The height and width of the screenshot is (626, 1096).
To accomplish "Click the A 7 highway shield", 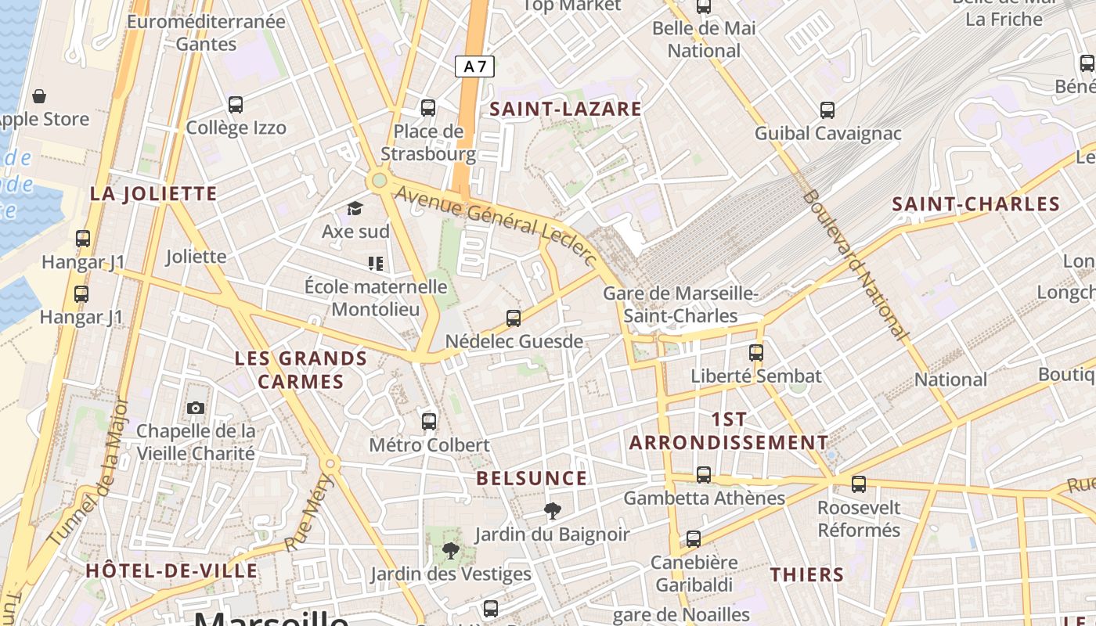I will (x=474, y=67).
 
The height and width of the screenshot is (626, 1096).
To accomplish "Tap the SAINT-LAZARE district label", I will (x=565, y=109).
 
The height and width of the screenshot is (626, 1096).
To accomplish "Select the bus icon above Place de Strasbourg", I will (x=427, y=108).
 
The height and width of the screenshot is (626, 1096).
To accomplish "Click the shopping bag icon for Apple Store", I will (x=39, y=96).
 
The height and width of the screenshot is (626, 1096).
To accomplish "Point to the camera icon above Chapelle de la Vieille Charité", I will (x=196, y=408).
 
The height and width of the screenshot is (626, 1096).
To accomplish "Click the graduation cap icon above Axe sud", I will (x=355, y=208).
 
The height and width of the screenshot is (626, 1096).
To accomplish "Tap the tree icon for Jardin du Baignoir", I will (x=553, y=511).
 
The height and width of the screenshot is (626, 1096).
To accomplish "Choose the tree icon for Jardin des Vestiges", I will (x=450, y=551).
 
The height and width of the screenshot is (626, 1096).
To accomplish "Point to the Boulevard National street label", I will (x=855, y=264).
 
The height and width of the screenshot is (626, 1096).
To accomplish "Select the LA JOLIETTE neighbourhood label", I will (x=153, y=194).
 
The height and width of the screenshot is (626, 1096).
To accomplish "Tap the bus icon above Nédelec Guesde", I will (x=514, y=318).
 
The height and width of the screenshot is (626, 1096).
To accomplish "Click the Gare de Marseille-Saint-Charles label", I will (x=681, y=305).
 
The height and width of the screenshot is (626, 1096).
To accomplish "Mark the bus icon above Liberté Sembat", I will (x=755, y=352).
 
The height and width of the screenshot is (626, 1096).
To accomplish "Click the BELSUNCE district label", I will (x=532, y=478).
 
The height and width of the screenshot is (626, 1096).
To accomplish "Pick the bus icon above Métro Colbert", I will (x=429, y=421).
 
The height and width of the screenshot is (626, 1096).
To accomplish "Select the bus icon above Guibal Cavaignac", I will (x=827, y=110).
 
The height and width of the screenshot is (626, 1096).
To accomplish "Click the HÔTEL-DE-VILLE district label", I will (x=171, y=570).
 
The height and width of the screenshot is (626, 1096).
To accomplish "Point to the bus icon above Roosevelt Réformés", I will (x=859, y=484).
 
